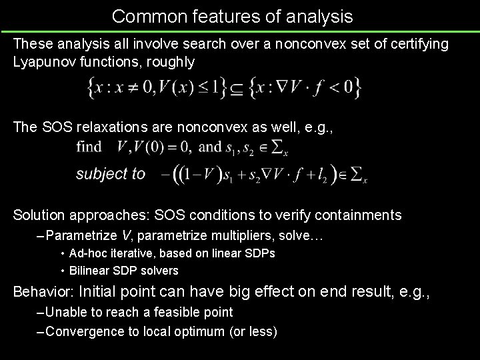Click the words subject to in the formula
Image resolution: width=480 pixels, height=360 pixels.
[x=110, y=174]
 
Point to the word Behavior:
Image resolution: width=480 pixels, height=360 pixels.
[x=43, y=291]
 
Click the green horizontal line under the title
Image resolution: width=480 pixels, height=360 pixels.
[x=240, y=31]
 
